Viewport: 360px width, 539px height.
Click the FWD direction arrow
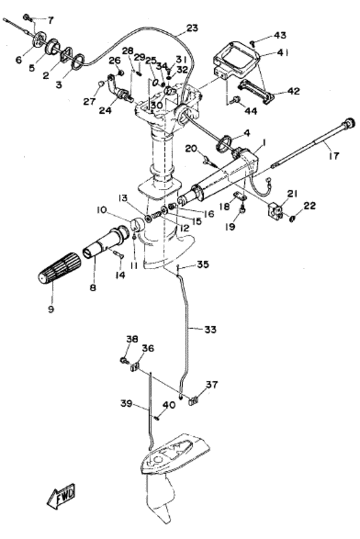pyautogui.click(x=61, y=497)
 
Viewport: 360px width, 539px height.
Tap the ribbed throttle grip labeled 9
pyautogui.click(x=59, y=268)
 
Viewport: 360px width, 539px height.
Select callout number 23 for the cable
pyautogui.click(x=192, y=28)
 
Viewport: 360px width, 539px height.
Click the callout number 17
pyautogui.click(x=334, y=155)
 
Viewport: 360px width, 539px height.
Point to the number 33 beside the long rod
pyautogui.click(x=210, y=330)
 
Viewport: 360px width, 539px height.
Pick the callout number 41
pyautogui.click(x=282, y=53)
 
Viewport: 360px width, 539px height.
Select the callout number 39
pyautogui.click(x=127, y=403)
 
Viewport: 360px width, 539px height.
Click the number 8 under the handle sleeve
pyautogui.click(x=93, y=287)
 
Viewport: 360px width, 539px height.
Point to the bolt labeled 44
pyautogui.click(x=235, y=100)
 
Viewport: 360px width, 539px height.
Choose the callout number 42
pyautogui.click(x=293, y=91)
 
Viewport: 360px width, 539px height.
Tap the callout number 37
pyautogui.click(x=212, y=384)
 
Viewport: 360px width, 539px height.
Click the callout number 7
pyautogui.click(x=51, y=20)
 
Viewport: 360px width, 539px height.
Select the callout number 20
pyautogui.click(x=191, y=148)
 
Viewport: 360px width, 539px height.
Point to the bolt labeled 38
pyautogui.click(x=124, y=360)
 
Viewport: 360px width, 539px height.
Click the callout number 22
pyautogui.click(x=309, y=206)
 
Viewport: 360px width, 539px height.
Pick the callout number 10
pyautogui.click(x=102, y=209)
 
